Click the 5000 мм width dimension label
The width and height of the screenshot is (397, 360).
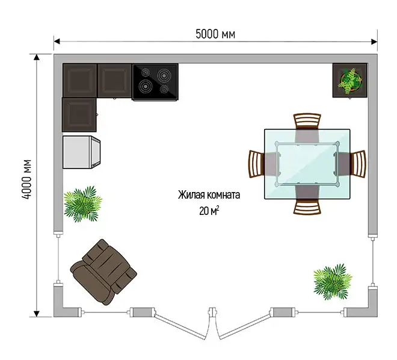(x=215, y=34)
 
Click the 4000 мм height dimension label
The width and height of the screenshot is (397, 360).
(x=26, y=179)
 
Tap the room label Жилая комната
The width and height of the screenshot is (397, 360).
(x=209, y=195)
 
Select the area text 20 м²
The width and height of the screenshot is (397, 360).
(x=209, y=211)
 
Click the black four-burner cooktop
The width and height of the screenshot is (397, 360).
(x=155, y=82)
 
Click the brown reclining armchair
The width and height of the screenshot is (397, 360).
(x=103, y=272)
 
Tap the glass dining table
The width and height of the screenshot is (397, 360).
(x=307, y=164)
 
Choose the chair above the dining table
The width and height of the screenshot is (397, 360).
(x=307, y=122)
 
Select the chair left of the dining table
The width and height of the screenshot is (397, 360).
(x=257, y=164)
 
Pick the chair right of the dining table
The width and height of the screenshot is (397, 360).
(x=358, y=163)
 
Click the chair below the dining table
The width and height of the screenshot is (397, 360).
(x=307, y=206)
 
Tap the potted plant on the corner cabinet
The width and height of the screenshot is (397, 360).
(x=350, y=79)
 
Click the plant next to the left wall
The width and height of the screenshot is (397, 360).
(x=82, y=204)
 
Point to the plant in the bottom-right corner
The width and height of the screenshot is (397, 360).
(x=333, y=282)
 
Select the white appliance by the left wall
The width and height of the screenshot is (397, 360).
(x=81, y=152)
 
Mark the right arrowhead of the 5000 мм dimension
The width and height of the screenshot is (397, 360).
(x=374, y=42)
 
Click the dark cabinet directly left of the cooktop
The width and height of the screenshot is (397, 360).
(x=114, y=81)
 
